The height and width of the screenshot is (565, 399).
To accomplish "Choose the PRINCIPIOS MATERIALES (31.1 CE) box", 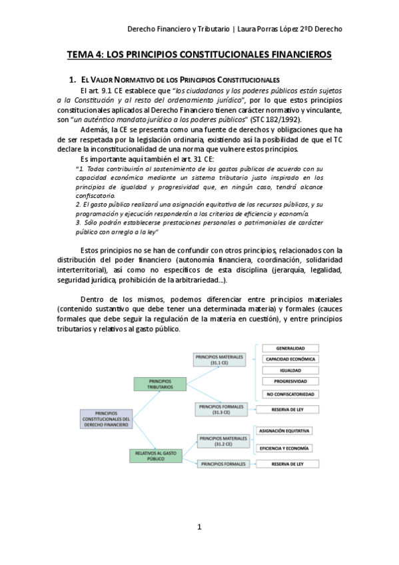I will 220,360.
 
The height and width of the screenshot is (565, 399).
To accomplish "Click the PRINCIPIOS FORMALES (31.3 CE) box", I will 220,409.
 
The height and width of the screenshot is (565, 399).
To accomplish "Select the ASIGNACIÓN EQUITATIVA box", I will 287,431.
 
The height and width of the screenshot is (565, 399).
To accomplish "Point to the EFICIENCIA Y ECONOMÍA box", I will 287,448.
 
